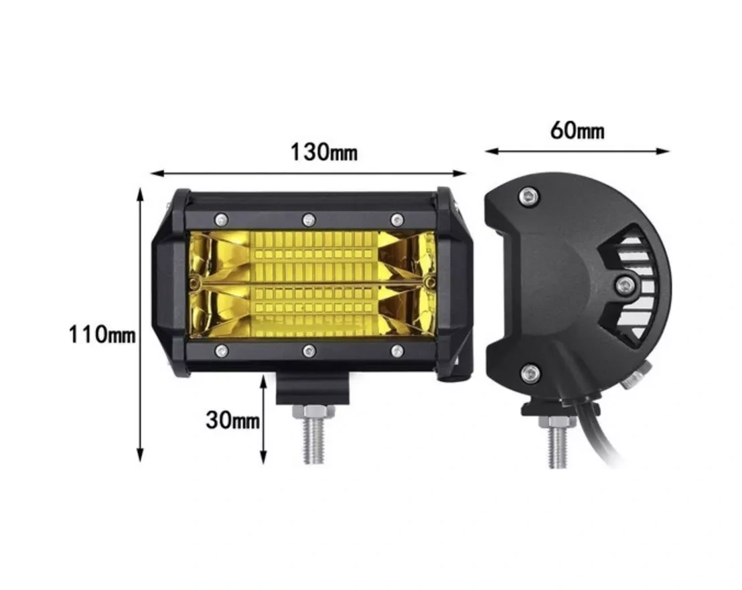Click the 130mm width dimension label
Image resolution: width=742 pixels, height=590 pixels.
tap(323, 152)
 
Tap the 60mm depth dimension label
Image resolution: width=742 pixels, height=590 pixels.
tap(577, 130)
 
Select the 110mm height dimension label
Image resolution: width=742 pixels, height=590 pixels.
tap(102, 334)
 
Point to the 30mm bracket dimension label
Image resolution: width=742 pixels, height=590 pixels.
tap(232, 419)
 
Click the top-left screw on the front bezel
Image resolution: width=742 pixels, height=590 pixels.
tap(221, 220)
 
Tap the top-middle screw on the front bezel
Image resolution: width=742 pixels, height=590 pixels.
tap(309, 220)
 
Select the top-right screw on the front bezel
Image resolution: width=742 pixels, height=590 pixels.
tap(396, 220)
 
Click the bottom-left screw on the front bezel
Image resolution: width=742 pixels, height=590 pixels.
tap(221, 351)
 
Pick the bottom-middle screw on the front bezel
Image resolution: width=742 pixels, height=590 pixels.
tap(309, 351)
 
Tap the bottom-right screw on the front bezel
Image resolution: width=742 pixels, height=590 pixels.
tap(397, 351)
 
